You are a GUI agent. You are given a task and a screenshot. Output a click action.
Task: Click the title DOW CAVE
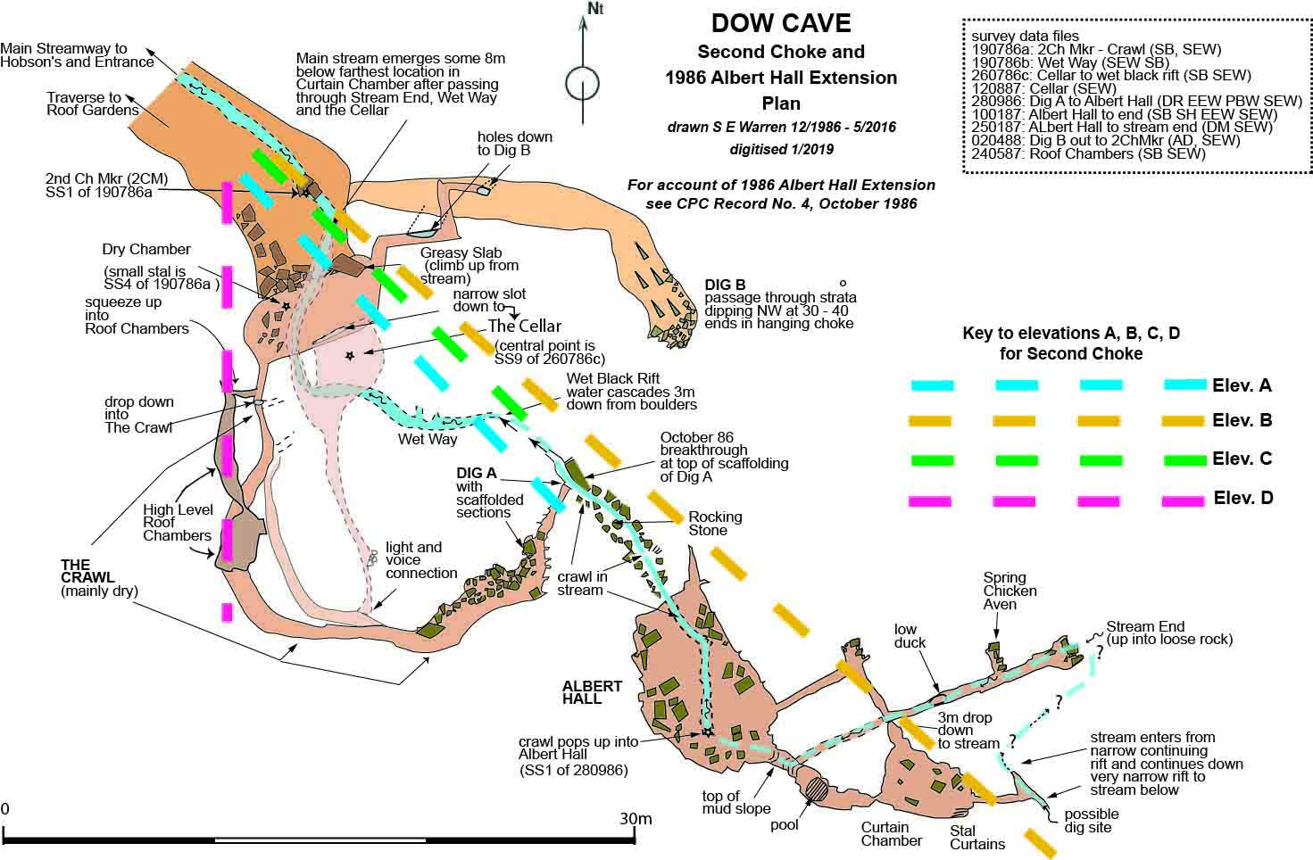click(x=781, y=22)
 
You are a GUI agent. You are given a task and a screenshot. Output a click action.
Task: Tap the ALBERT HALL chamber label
click(x=592, y=692)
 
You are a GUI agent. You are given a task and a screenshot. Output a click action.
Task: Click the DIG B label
click(x=724, y=285)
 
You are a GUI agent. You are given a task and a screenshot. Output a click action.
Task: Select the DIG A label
click(x=476, y=473)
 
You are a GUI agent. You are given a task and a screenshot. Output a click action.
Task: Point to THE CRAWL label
click(x=75, y=565)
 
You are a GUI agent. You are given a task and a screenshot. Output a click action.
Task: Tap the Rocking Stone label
click(x=715, y=524)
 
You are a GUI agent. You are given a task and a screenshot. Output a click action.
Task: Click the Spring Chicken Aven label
click(x=1010, y=591)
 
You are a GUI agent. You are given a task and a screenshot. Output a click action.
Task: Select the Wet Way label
click(x=428, y=439)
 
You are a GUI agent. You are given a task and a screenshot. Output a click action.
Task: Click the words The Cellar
click(x=524, y=326)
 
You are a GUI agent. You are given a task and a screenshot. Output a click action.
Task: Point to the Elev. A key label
click(x=1242, y=385)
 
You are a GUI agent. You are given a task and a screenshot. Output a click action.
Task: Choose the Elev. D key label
click(x=1242, y=498)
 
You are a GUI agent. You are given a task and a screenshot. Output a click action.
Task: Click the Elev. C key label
click(x=1242, y=459)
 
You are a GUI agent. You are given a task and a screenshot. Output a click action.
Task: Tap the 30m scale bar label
click(x=636, y=819)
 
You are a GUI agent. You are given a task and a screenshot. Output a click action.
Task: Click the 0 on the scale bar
click(x=5, y=809)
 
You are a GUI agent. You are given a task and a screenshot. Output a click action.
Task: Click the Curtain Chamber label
click(x=891, y=833)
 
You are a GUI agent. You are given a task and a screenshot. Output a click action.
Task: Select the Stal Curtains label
click(x=976, y=837)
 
